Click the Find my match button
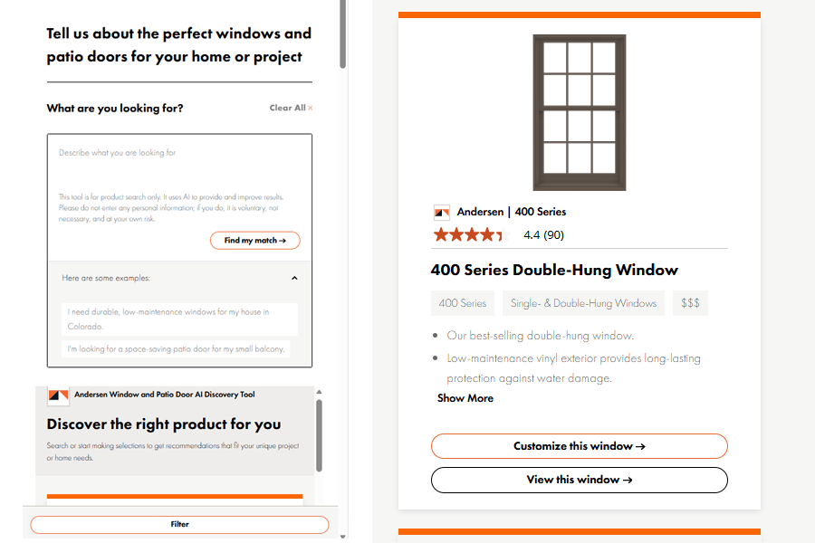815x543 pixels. point(254,240)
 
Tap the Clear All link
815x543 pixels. point(291,108)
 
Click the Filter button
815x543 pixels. point(179,524)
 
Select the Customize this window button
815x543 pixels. point(579,446)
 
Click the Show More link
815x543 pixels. point(465,398)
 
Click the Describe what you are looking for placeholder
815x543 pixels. point(117,153)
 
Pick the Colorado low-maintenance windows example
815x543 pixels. point(179,319)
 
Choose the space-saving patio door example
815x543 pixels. point(176,348)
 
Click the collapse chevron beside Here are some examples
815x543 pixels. point(294,278)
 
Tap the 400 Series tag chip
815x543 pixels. point(463,303)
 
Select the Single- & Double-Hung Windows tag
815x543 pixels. point(583,303)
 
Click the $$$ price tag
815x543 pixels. point(690,303)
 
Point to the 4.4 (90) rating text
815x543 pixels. point(543,235)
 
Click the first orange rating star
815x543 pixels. point(441,235)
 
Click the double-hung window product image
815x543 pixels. point(579,112)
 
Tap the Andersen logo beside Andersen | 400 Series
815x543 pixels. point(441,212)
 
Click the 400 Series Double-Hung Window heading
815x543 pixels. point(554,270)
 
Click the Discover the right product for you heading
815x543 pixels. point(164,424)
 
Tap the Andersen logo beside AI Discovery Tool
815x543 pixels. point(58,395)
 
